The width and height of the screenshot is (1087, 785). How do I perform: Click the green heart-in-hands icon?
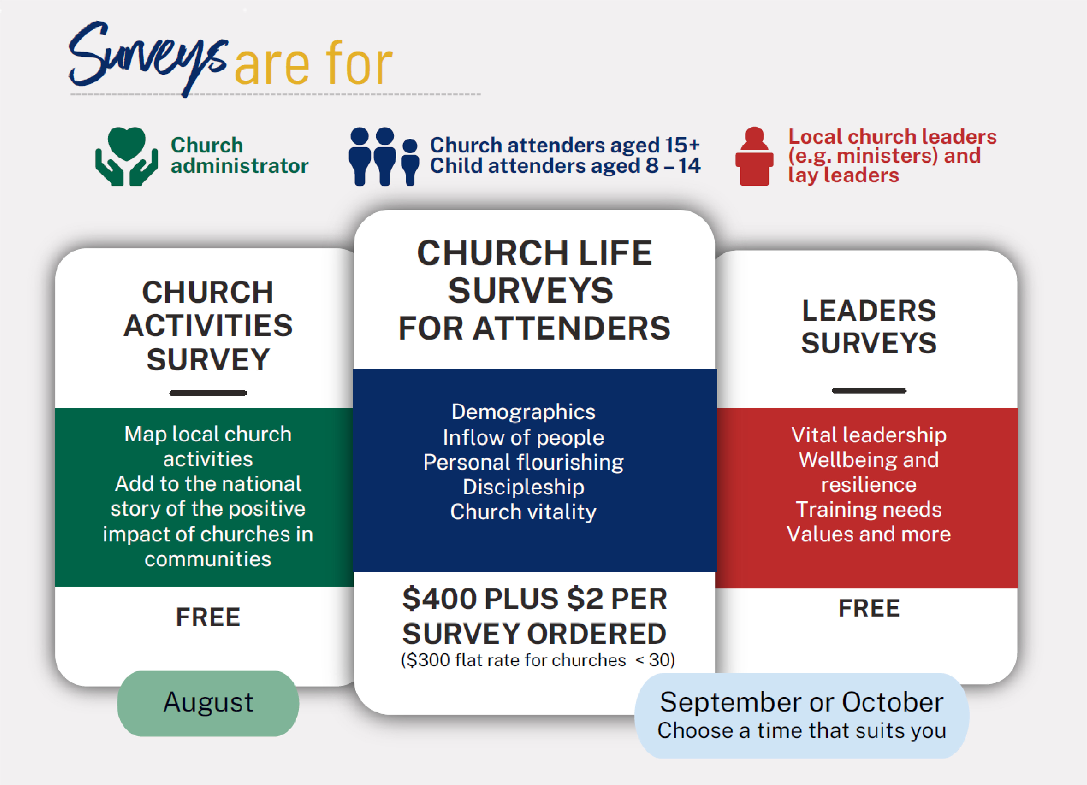(x=127, y=156)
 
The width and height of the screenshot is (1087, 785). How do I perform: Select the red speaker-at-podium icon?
(x=754, y=156)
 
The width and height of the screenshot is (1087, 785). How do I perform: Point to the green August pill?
(x=208, y=703)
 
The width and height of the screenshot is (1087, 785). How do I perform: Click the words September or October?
(x=802, y=702)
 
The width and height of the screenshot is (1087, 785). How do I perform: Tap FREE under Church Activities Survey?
(x=208, y=617)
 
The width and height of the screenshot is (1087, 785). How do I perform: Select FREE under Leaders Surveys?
(x=869, y=608)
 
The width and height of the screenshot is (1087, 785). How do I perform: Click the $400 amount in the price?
(x=440, y=599)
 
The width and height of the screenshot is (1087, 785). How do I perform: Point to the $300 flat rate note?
(x=538, y=660)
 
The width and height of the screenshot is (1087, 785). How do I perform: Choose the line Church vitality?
(x=523, y=512)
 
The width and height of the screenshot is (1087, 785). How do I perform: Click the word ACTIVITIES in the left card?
(x=208, y=326)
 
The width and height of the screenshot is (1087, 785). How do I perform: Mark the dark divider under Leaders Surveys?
(x=869, y=391)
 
